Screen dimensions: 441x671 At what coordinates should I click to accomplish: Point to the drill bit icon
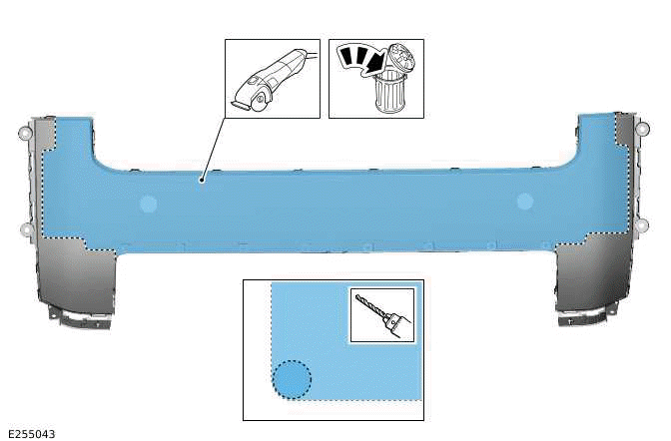[x=379, y=315]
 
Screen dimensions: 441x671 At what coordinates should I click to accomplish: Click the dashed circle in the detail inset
[x=292, y=380]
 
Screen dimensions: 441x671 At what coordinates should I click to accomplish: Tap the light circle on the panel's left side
[x=148, y=204]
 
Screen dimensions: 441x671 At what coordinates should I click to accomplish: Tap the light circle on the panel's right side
[x=525, y=202]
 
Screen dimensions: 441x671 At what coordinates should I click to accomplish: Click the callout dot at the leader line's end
[x=202, y=180]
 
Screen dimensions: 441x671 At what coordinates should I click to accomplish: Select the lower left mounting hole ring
[x=25, y=229]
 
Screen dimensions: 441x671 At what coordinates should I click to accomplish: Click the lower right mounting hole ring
[x=643, y=227]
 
